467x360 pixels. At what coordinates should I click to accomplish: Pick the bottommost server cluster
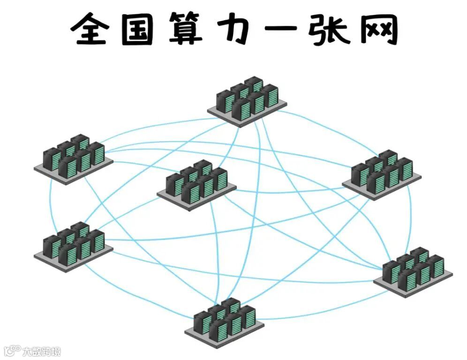(x=224, y=319)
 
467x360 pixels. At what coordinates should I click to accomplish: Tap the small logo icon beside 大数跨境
(x=13, y=351)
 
